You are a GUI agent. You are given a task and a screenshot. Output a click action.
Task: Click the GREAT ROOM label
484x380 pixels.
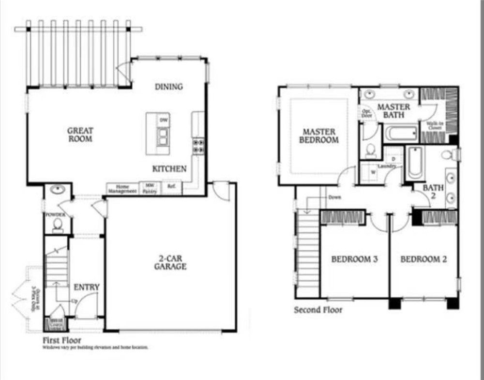pyautogui.click(x=80, y=134)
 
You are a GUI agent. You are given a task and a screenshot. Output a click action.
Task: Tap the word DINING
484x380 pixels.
pyautogui.click(x=168, y=87)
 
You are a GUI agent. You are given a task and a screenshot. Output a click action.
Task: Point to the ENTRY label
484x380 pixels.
pyautogui.click(x=87, y=287)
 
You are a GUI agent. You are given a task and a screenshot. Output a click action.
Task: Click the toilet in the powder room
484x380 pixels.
pyautogui.click(x=58, y=225)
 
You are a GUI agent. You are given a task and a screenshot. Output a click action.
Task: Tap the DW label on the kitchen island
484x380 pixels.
pyautogui.click(x=164, y=119)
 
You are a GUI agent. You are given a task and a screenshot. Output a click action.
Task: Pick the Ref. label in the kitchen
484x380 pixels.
pyautogui.click(x=171, y=186)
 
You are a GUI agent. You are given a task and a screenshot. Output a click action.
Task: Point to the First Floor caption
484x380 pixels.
pyautogui.click(x=62, y=340)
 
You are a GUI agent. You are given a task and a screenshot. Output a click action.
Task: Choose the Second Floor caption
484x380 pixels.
pyautogui.click(x=318, y=310)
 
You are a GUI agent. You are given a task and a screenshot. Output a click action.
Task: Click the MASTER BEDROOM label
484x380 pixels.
pyautogui.click(x=319, y=136)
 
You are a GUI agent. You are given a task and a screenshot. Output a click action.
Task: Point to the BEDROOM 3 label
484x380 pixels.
pyautogui.click(x=354, y=259)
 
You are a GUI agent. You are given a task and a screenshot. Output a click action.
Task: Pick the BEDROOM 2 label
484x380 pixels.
pyautogui.click(x=423, y=259)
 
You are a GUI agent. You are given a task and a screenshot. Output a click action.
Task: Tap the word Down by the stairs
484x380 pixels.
pyautogui.click(x=334, y=198)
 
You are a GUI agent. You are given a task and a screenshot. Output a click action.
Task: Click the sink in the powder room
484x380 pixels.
pyautogui.click(x=58, y=189)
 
